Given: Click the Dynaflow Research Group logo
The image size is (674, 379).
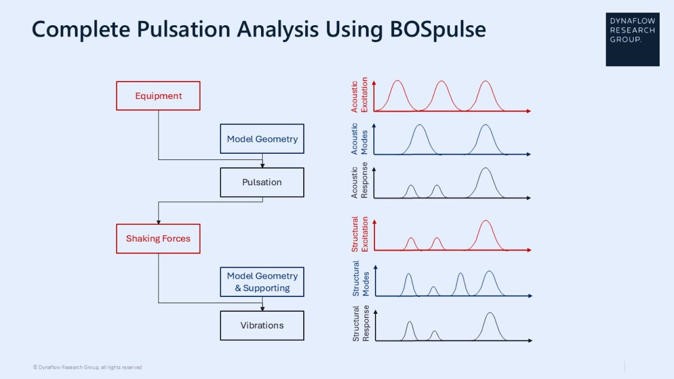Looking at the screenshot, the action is [x=632, y=39].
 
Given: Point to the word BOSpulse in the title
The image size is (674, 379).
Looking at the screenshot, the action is [x=438, y=29].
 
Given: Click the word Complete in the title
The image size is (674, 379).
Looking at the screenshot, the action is [x=81, y=29].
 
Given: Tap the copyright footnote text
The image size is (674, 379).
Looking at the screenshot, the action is [x=87, y=367].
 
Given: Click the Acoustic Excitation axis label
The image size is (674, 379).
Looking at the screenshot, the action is [x=359, y=95].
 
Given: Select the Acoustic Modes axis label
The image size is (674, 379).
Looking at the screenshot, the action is [x=359, y=138].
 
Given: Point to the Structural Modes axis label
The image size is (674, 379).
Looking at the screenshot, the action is [x=361, y=278].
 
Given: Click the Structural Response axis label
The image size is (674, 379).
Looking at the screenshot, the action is [x=361, y=323].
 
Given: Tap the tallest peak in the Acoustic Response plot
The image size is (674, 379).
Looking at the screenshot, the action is [x=485, y=168].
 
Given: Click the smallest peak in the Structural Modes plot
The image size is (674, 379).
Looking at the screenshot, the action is [x=433, y=287].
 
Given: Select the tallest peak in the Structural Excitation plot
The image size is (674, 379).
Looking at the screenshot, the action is [x=485, y=221].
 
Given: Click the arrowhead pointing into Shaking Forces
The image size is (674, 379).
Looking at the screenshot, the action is [x=158, y=222].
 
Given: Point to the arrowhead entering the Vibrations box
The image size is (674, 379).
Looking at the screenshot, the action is [x=262, y=309].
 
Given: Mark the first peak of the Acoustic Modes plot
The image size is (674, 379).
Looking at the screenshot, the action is [x=420, y=125].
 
